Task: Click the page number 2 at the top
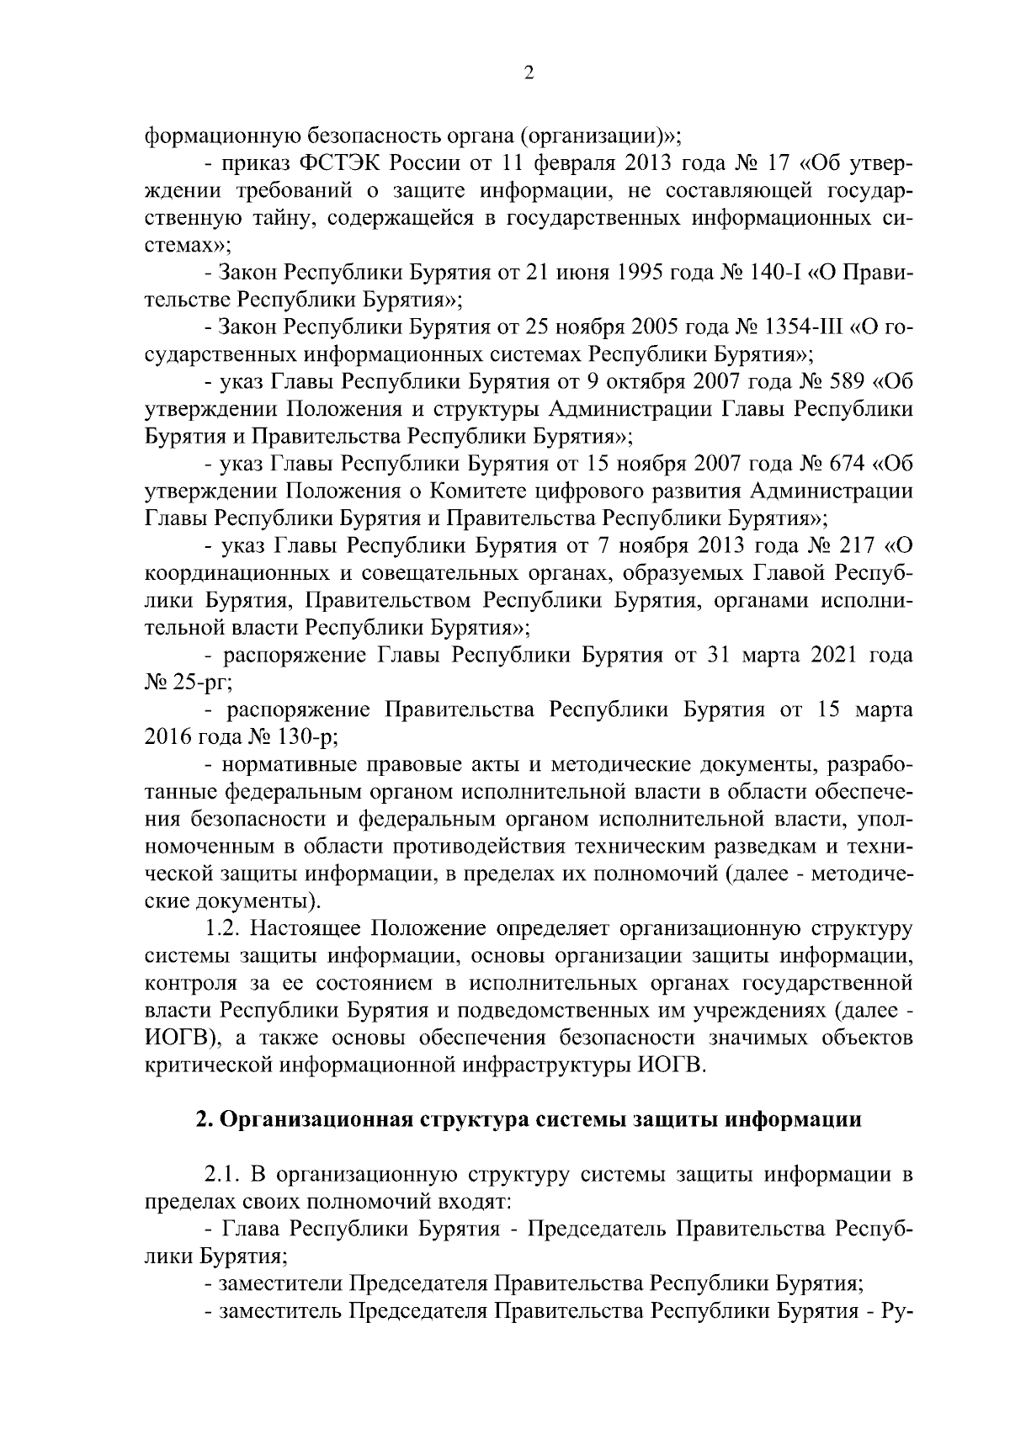[529, 73]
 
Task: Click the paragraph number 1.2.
[224, 928]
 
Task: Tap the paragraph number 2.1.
[224, 1174]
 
